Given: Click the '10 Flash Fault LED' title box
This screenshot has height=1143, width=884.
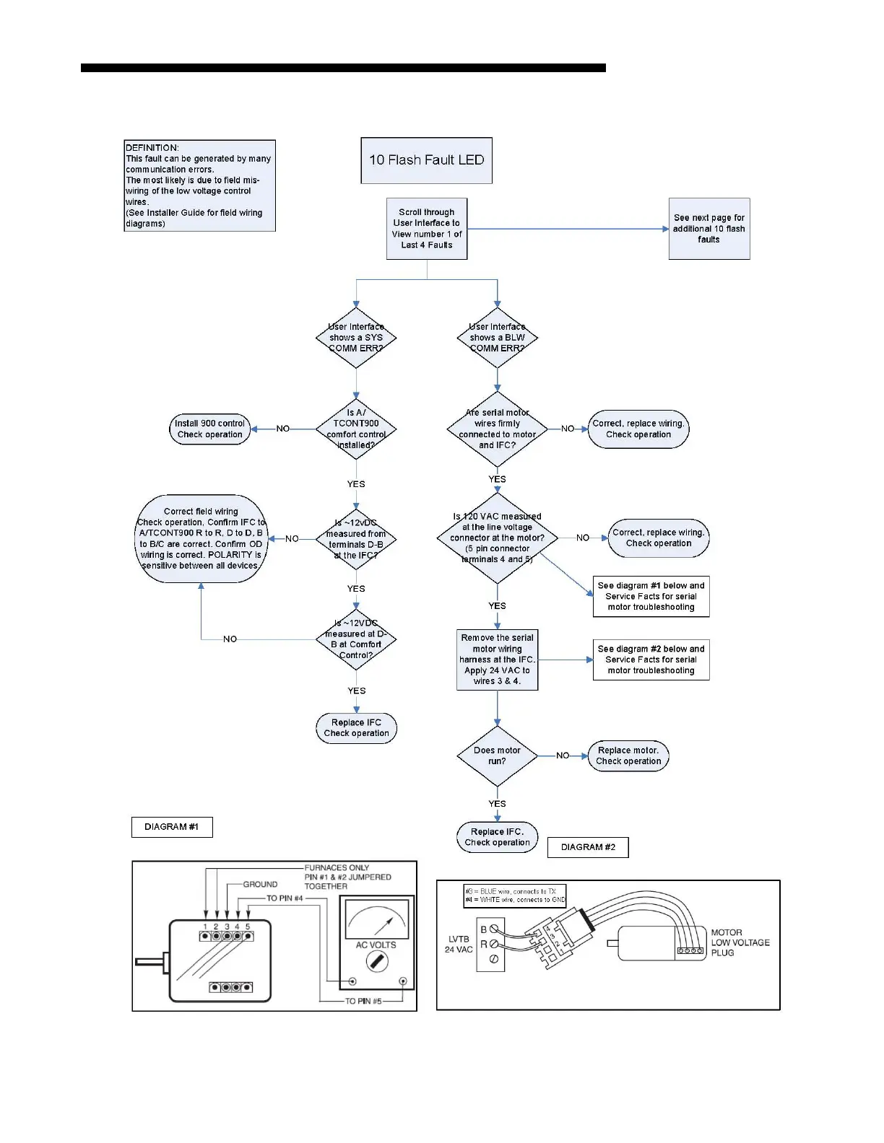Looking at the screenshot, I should point(426,160).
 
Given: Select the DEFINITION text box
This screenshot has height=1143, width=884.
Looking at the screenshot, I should point(199,185).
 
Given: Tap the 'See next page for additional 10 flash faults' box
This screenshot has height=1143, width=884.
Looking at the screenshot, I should point(708,228).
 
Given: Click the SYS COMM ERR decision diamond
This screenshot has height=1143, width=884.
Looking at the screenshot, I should point(356,338).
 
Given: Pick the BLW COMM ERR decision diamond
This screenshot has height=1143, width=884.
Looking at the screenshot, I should point(497,338).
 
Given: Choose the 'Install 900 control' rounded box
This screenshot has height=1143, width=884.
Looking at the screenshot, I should point(210,429).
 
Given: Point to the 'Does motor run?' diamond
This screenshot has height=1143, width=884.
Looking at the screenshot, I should point(497,756).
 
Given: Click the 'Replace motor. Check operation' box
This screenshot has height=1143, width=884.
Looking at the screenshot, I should point(628,756).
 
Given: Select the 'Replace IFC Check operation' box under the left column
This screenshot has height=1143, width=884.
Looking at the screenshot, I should point(356,727).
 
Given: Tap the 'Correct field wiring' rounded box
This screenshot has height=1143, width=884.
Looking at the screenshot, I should point(201,539).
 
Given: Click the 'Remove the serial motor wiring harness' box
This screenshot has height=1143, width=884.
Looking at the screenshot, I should point(497,660).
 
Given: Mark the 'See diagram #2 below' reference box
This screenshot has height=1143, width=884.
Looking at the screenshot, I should point(651,660).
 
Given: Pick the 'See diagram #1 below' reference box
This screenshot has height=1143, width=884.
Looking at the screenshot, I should point(651,596).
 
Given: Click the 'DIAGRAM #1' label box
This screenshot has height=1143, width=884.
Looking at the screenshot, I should point(172,827).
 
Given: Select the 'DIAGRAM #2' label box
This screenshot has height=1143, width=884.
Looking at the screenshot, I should point(588,847).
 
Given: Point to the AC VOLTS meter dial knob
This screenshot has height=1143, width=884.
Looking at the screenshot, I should point(377,961).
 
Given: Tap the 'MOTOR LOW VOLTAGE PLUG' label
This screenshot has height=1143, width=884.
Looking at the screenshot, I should point(740,942).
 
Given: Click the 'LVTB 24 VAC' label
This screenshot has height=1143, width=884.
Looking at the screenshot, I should point(459,944).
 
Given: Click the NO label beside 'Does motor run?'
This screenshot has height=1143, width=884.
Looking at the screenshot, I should point(563,756).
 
